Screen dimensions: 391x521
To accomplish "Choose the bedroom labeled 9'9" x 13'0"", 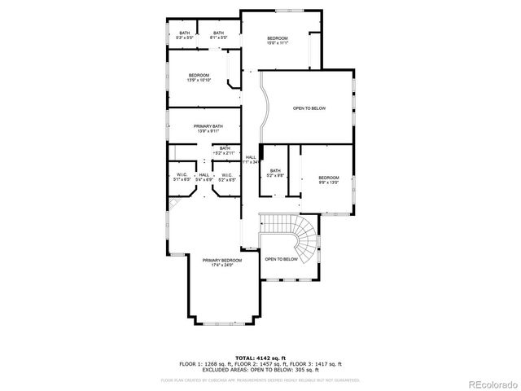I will (328, 180).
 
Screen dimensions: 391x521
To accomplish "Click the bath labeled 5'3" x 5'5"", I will (185, 35).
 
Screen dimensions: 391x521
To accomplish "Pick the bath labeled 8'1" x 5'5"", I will (218, 35).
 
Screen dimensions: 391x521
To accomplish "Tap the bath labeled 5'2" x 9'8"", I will (275, 174).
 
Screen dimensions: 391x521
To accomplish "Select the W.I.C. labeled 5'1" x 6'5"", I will (182, 177).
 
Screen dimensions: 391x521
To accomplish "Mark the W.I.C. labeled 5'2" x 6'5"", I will (226, 177).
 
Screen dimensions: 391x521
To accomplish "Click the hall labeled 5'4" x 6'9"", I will (204, 177).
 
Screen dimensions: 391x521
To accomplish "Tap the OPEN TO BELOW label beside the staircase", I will (281, 259).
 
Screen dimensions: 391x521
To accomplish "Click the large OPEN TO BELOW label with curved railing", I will (309, 108).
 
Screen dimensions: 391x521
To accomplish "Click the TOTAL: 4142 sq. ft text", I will (260, 358).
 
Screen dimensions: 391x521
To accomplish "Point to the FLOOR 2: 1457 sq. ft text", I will (260, 363).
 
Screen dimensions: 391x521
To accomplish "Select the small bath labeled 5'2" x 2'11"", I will (224, 151).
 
